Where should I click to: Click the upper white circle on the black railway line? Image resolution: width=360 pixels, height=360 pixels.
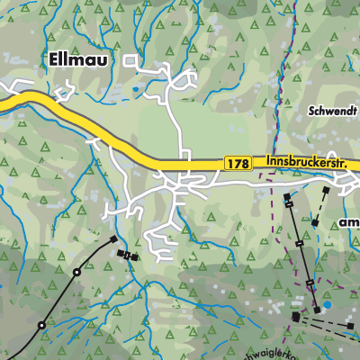[78, 272]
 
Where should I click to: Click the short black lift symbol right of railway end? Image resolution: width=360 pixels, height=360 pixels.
[131, 256]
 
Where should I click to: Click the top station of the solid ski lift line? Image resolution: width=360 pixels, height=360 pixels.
[286, 196]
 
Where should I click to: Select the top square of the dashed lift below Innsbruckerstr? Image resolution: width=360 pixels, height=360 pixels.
[327, 192]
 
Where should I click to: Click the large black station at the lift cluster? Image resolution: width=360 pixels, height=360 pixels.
[296, 317]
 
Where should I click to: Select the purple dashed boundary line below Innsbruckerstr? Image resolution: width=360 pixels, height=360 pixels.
[273, 216]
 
